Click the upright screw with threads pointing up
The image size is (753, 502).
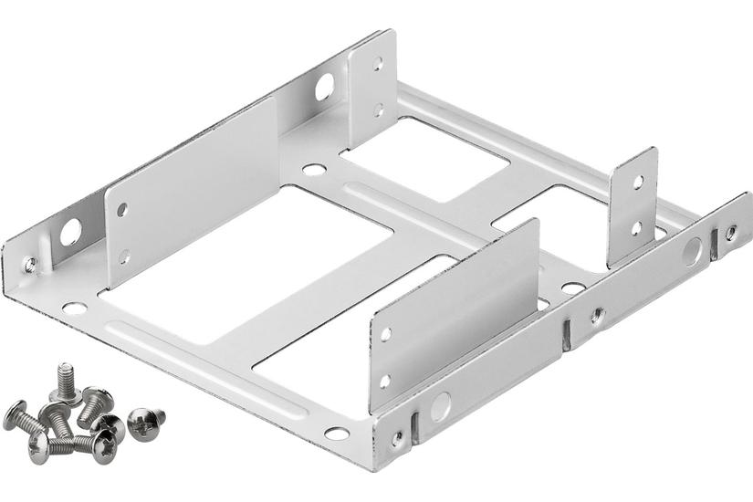pos(66,381)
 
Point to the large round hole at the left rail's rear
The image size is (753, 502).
pos(324,89)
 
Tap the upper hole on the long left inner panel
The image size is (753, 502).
pos(122,210)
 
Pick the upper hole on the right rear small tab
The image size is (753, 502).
pos(638,182)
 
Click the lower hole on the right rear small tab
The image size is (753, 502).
pos(636,227)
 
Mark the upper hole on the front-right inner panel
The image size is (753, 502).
pos(385,334)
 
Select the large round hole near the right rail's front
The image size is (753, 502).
pos(440,403)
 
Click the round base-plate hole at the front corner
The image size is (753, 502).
pos(336,434)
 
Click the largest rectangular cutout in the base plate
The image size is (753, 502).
pos(246,265)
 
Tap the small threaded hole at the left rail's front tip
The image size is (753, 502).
pos(30,265)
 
